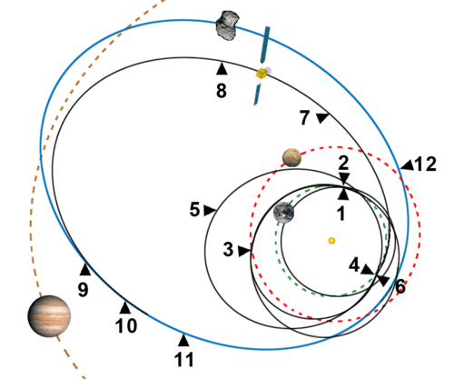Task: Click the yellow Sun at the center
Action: coord(331,241)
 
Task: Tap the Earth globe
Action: coord(283,213)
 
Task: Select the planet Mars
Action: coord(291,157)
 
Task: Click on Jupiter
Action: coord(49,316)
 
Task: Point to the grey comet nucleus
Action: coord(228,25)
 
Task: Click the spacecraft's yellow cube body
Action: coord(262,73)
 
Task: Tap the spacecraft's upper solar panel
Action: coord(265,45)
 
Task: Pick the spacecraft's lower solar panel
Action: coord(257,95)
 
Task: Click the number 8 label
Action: coord(222,91)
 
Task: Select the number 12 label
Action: coord(425,165)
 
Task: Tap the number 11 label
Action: coord(183,360)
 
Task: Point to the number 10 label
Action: coord(126,326)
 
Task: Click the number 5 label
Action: coord(194,210)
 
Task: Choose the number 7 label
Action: coord(305,117)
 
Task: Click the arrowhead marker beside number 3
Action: coord(243,251)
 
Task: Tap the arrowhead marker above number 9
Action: coord(85,270)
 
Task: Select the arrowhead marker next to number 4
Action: coord(368,269)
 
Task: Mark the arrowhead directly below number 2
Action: coord(344,178)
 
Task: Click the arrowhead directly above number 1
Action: coord(343,194)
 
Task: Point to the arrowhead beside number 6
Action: coord(383,281)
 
